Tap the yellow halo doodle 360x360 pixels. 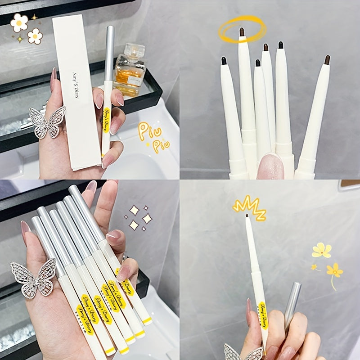pyautogui.click(x=242, y=29)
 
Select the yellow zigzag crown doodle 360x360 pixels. pyautogui.click(x=249, y=207)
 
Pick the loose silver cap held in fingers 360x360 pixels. pyautogui.click(x=292, y=301)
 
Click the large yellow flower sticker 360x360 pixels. pyautogui.click(x=322, y=250)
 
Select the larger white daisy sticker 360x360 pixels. pyautogui.click(x=19, y=22)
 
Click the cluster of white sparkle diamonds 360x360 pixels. pyautogui.click(x=139, y=218)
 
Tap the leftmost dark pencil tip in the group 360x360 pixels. pyautogui.click(x=224, y=60)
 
